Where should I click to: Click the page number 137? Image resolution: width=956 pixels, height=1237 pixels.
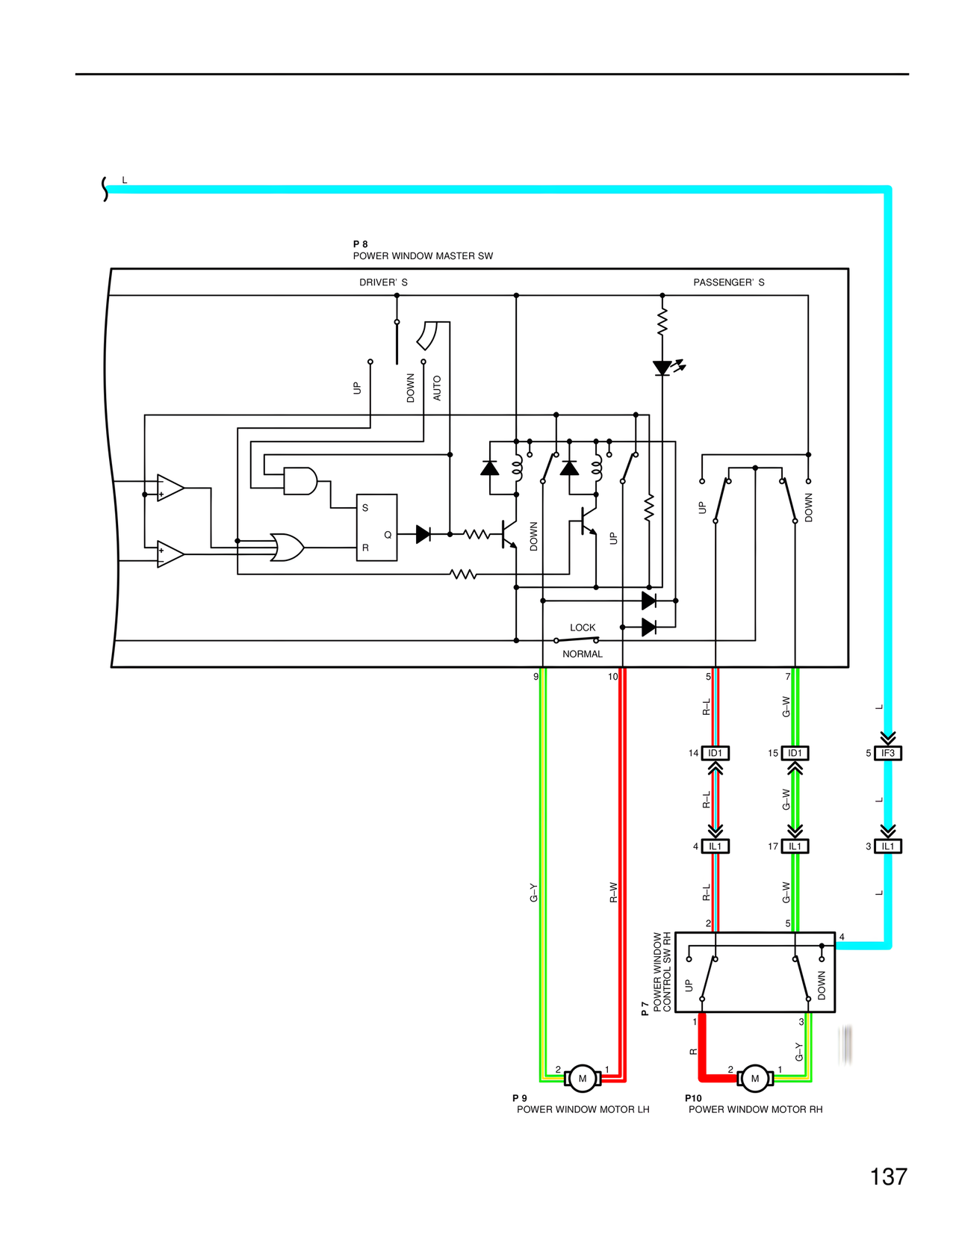click(x=888, y=1176)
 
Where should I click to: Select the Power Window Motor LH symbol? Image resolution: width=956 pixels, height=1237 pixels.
click(x=583, y=1078)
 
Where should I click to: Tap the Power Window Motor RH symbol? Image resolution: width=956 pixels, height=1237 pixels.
click(x=754, y=1078)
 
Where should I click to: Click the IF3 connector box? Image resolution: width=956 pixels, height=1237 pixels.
click(x=888, y=753)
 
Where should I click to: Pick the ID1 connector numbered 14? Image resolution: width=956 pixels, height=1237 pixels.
click(x=715, y=753)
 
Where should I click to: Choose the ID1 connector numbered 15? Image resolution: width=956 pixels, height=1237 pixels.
click(x=795, y=753)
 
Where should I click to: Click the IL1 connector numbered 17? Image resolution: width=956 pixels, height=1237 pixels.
click(x=795, y=846)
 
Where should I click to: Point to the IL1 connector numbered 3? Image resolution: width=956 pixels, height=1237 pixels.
click(x=888, y=846)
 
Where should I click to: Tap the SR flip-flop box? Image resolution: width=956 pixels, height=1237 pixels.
click(x=376, y=527)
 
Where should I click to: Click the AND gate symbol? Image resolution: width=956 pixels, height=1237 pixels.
click(x=300, y=481)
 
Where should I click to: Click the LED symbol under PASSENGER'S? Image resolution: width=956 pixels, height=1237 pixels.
click(x=662, y=368)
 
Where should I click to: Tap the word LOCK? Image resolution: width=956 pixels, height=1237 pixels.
click(x=583, y=627)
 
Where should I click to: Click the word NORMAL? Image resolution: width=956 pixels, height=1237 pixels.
click(x=583, y=654)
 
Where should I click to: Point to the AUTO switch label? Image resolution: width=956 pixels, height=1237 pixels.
click(x=437, y=388)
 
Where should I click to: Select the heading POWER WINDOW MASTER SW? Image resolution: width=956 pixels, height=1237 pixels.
click(x=423, y=255)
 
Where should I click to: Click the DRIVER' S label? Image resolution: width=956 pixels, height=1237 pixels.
click(x=383, y=282)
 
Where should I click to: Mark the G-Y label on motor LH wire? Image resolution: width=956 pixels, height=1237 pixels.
click(x=533, y=892)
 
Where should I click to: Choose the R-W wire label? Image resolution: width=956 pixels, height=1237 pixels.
click(x=613, y=892)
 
